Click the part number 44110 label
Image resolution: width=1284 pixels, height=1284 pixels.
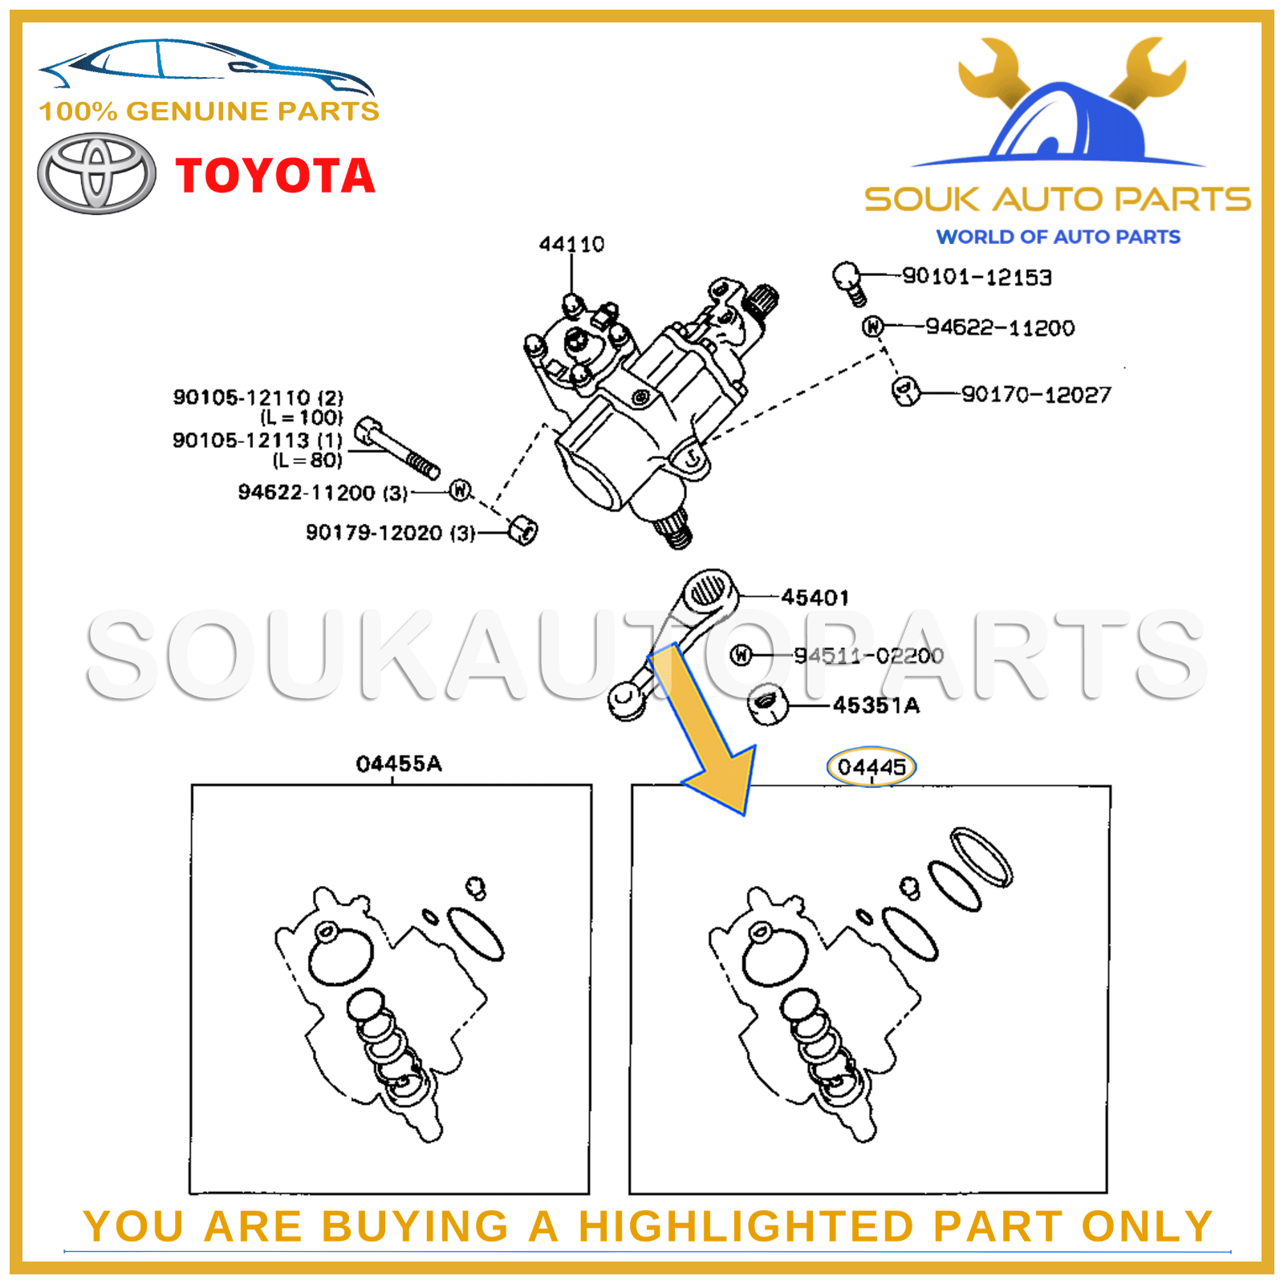click(571, 244)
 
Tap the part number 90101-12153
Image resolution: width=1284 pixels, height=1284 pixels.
click(977, 277)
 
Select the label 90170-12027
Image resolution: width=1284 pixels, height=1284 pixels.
click(1036, 394)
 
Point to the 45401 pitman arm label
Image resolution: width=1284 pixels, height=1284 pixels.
click(815, 597)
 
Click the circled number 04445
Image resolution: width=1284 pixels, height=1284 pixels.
click(871, 767)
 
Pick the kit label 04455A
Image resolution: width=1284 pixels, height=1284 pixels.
click(399, 763)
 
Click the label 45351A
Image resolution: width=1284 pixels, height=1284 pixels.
click(876, 705)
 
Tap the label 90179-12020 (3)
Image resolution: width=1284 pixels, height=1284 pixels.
click(390, 533)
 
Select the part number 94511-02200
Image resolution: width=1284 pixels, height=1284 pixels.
click(868, 656)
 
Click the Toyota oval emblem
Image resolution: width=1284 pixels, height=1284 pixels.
click(96, 174)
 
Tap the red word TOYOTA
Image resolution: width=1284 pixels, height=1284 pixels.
click(275, 176)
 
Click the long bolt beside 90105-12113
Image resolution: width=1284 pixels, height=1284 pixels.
click(397, 448)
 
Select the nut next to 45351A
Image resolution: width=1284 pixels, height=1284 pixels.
click(768, 705)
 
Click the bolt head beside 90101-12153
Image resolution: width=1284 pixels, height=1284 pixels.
click(847, 277)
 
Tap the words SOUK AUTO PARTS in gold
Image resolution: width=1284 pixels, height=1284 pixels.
click(1057, 199)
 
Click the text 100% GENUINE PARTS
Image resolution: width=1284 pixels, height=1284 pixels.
click(209, 111)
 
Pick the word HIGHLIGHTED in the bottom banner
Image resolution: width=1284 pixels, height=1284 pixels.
click(746, 1226)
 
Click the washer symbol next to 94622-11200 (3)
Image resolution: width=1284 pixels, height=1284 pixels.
click(460, 490)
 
